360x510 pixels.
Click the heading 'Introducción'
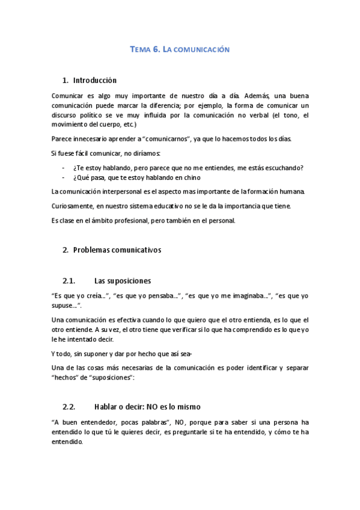click(94, 80)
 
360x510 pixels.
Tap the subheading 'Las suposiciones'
click(123, 280)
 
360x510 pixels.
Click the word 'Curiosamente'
click(73, 206)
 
